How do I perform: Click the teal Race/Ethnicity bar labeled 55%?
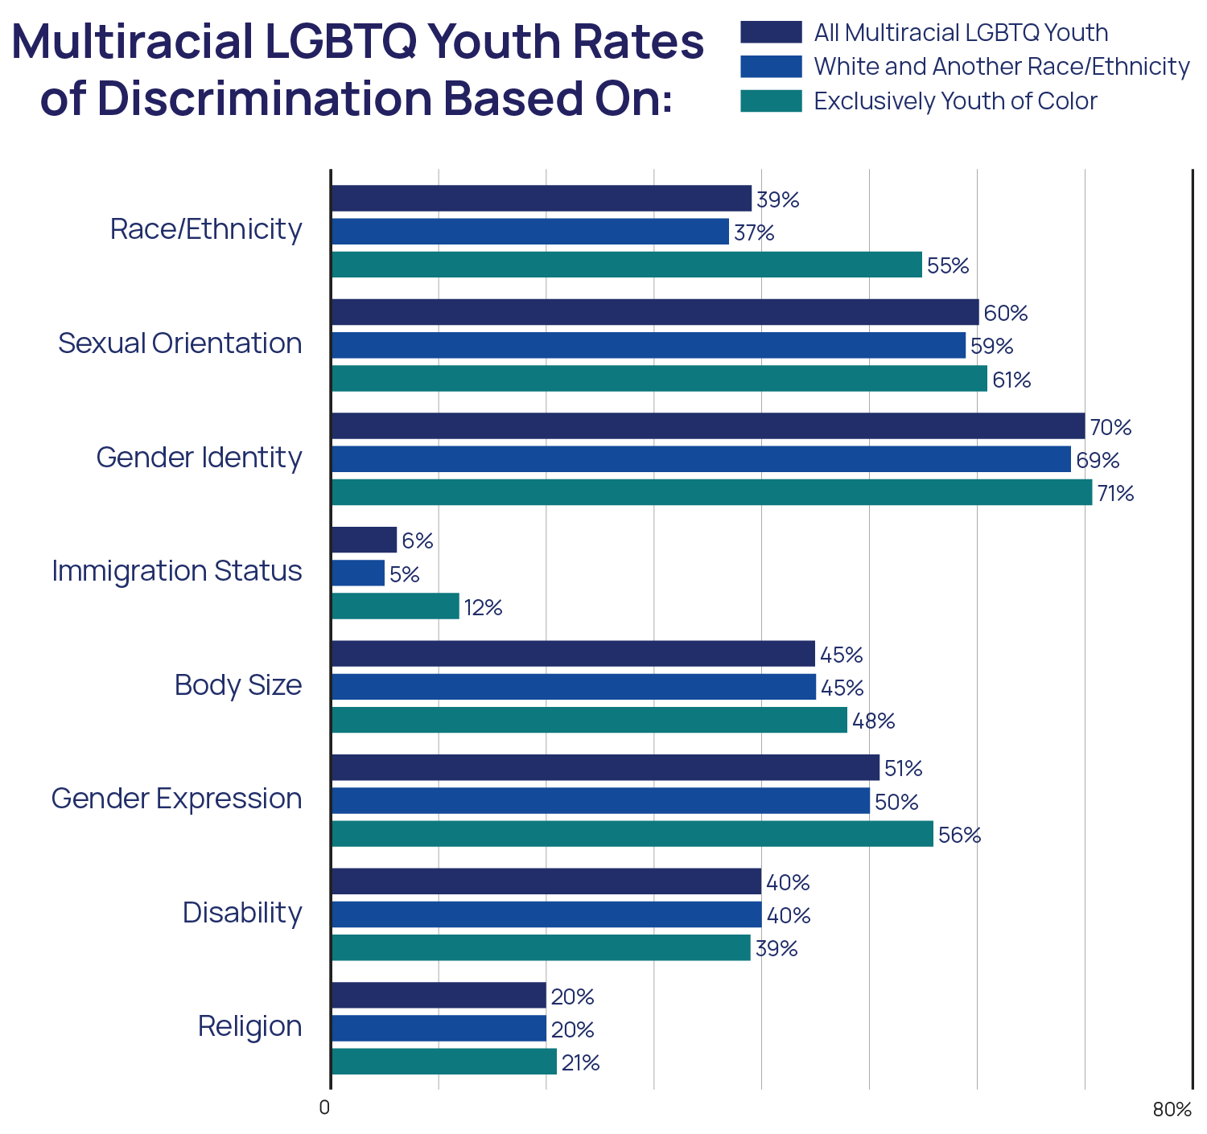coord(626,265)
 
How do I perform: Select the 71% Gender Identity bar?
coord(711,492)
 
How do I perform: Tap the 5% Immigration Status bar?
coord(357,573)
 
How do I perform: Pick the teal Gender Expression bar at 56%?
coord(632,834)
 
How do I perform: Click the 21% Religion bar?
coord(443,1062)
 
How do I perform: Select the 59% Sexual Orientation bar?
coord(648,345)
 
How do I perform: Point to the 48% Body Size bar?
coord(589,721)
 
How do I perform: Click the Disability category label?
coord(242,913)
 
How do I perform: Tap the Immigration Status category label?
coord(177,571)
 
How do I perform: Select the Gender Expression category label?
coord(177,799)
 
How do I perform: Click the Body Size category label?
coord(238,685)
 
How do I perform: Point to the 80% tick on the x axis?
coord(1172,1110)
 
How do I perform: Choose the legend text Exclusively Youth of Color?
coord(955,101)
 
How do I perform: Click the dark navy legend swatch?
coord(771,32)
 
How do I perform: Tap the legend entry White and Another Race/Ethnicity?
coord(1001,67)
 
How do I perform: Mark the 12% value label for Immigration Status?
coord(483,608)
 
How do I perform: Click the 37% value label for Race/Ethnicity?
coord(754,233)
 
